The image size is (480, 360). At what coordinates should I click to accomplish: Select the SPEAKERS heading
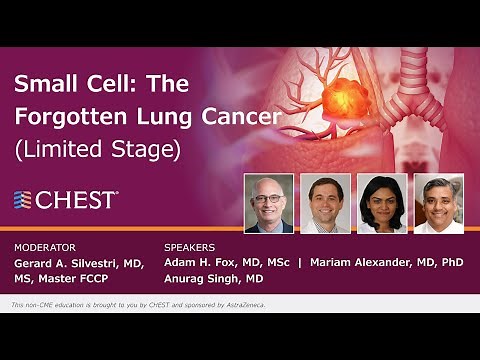[x=190, y=246]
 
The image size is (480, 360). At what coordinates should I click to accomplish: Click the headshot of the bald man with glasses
[x=268, y=203]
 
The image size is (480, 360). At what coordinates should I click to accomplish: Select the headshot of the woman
[x=382, y=203]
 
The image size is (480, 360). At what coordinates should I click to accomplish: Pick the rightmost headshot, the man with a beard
[x=439, y=203]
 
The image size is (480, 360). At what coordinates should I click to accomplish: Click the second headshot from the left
[x=325, y=203]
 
